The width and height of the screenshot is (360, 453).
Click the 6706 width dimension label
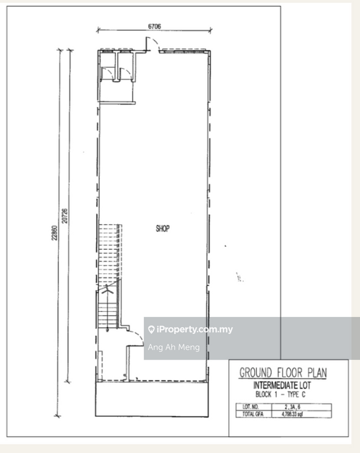click(x=154, y=26)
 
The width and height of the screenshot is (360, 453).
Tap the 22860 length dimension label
click(x=54, y=233)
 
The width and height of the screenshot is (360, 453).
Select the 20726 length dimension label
click(x=65, y=216)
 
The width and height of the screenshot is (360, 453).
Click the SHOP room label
click(x=162, y=229)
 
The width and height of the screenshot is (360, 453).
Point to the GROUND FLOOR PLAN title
click(x=283, y=373)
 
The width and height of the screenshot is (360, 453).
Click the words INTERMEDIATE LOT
click(x=282, y=386)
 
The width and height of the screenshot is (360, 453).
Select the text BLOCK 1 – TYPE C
click(x=280, y=394)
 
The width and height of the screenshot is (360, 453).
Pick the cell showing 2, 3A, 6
click(x=293, y=407)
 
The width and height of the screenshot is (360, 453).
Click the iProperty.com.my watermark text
click(x=195, y=330)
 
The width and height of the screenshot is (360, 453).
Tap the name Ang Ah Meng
click(x=174, y=347)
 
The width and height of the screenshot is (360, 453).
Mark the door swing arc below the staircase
click(x=138, y=335)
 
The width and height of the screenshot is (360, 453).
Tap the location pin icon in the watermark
click(x=151, y=330)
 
